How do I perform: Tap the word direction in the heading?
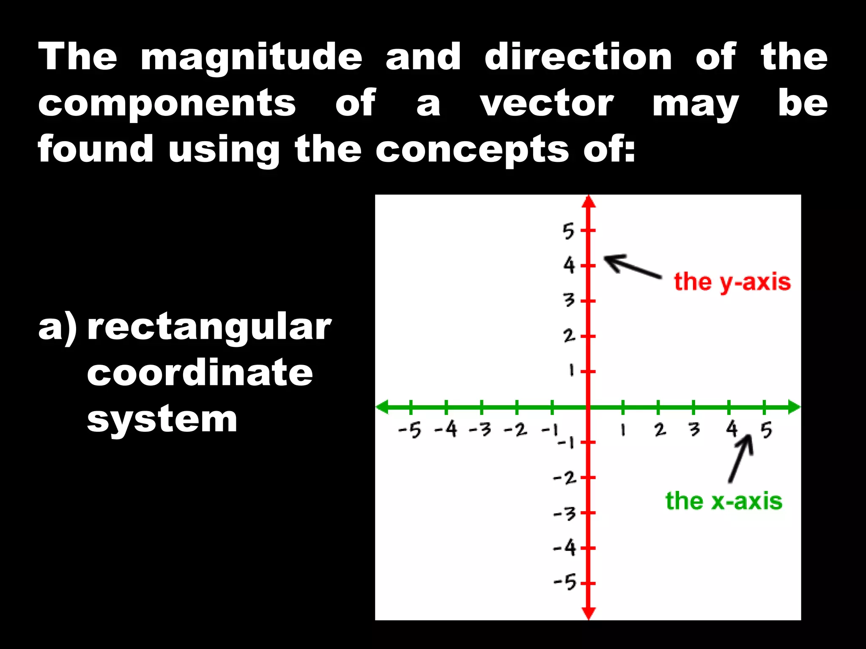pos(578,57)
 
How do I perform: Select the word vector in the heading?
pos(546,104)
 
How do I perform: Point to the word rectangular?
pos(209,328)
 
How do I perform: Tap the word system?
pos(162,420)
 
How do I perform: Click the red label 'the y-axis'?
pos(732,282)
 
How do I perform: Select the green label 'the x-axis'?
pos(723,502)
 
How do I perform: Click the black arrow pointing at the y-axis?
pos(632,266)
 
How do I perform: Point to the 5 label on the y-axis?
pos(569,231)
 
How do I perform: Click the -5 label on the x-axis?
pos(410,431)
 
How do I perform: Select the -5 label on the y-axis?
pos(565,583)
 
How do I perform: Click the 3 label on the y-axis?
pos(569,300)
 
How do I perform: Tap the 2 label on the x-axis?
pos(660,430)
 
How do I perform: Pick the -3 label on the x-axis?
pos(480,430)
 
